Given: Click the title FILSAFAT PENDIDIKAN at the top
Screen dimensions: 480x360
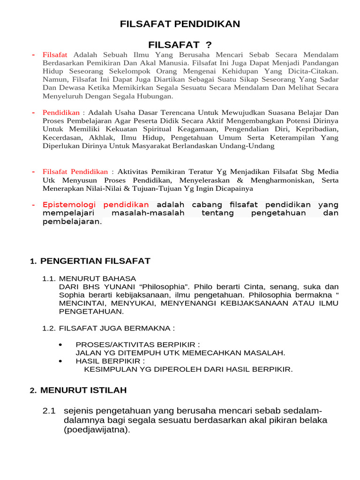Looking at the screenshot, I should (x=180, y=23).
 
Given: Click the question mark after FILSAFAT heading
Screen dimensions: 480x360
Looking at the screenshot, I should (x=208, y=45).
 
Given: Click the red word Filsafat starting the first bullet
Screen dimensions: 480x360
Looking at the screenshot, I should (x=55, y=55).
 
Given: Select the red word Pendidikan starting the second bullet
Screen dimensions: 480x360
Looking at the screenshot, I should (x=61, y=113).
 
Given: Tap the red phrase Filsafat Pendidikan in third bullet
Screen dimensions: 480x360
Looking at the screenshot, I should (x=75, y=172).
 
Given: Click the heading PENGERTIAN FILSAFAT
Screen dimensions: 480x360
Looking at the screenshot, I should (x=95, y=261).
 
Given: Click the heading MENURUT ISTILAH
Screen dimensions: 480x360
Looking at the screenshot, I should (x=83, y=390).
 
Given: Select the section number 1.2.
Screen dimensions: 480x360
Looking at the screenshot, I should (x=49, y=328).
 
